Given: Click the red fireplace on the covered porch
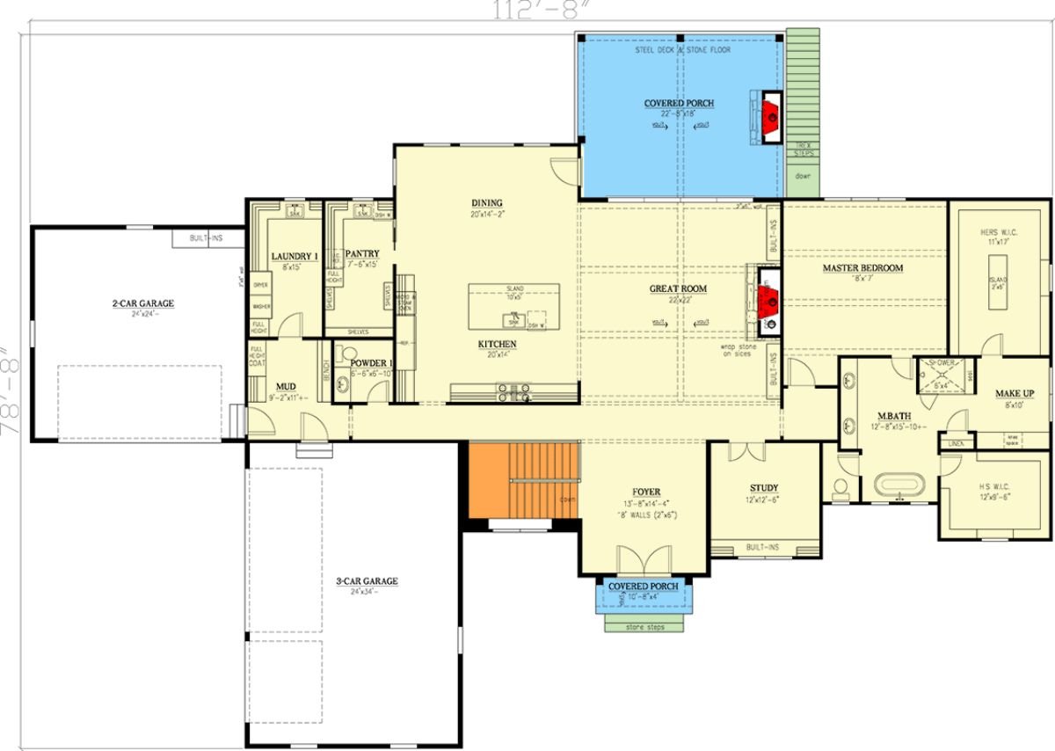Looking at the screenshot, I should [770, 112].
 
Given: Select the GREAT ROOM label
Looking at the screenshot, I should [678, 288].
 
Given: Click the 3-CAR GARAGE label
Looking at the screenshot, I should [367, 581].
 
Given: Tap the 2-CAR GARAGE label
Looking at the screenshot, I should [142, 303].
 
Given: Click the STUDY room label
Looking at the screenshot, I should [763, 488].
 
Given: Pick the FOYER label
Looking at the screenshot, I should [646, 492].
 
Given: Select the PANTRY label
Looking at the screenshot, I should [361, 254].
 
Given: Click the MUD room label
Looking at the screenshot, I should [286, 386].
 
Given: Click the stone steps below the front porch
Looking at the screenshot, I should [645, 626].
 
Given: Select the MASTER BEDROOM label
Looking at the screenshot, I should [862, 268].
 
